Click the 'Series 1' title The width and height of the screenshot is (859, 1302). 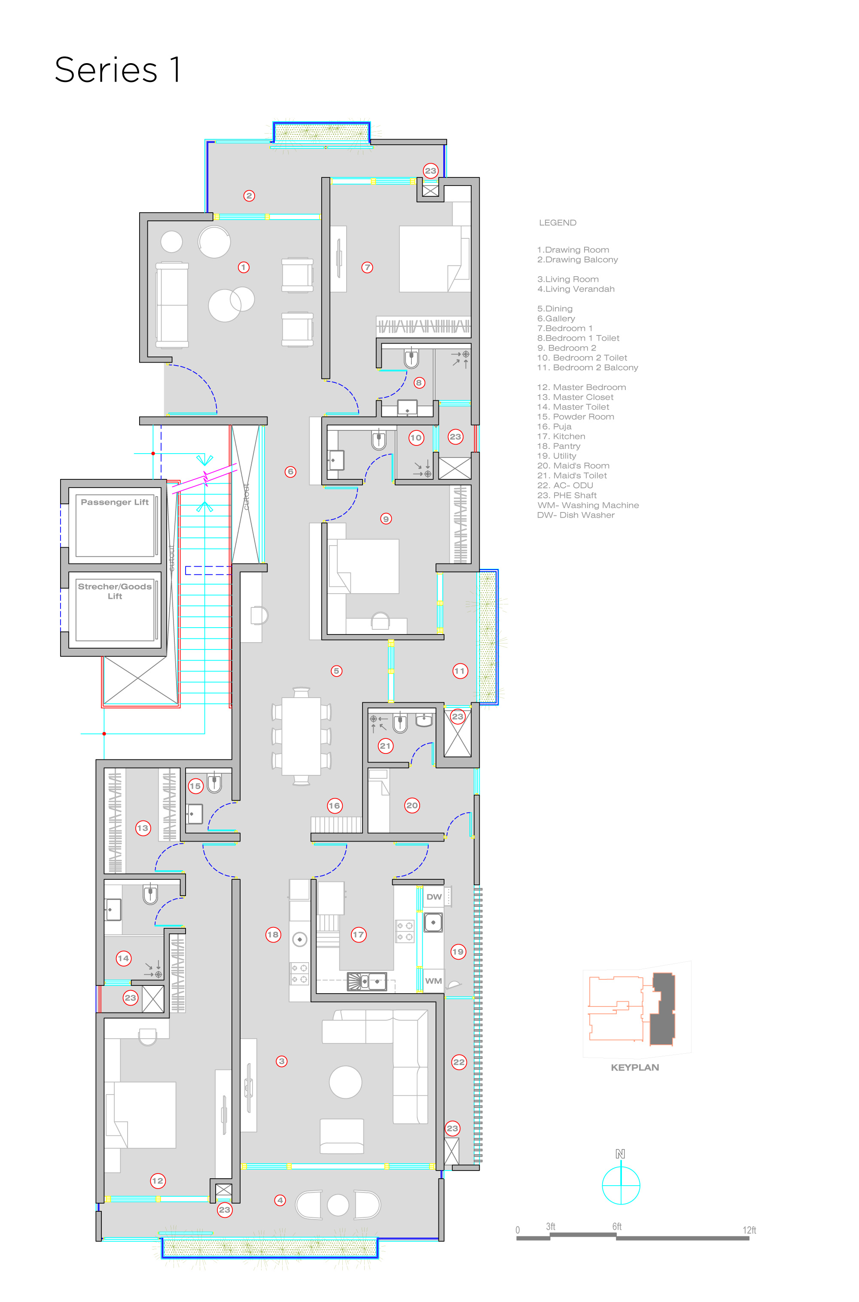(x=118, y=70)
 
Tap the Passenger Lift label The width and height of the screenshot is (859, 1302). (x=115, y=502)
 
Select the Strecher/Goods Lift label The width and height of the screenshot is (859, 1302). (x=115, y=591)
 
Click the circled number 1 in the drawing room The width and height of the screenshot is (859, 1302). (x=244, y=267)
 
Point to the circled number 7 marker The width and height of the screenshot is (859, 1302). (x=367, y=267)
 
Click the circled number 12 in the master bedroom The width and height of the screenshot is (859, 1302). (x=158, y=1181)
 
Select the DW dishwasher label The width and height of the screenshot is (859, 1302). (x=434, y=896)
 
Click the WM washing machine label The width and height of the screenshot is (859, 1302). (x=433, y=981)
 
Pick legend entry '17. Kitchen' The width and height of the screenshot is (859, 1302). (x=561, y=436)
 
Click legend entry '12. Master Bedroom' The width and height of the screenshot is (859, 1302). (x=581, y=387)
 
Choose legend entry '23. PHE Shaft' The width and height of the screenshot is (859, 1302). (x=567, y=495)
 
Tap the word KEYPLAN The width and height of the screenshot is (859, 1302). (x=635, y=1067)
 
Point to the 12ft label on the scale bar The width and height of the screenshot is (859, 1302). (x=749, y=1230)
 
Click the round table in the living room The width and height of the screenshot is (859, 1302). (x=346, y=1082)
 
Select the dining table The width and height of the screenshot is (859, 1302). (x=302, y=736)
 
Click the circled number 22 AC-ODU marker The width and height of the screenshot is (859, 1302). (x=459, y=1062)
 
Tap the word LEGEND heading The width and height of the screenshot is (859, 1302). (x=557, y=223)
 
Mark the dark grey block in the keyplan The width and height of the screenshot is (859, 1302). (x=662, y=1009)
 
